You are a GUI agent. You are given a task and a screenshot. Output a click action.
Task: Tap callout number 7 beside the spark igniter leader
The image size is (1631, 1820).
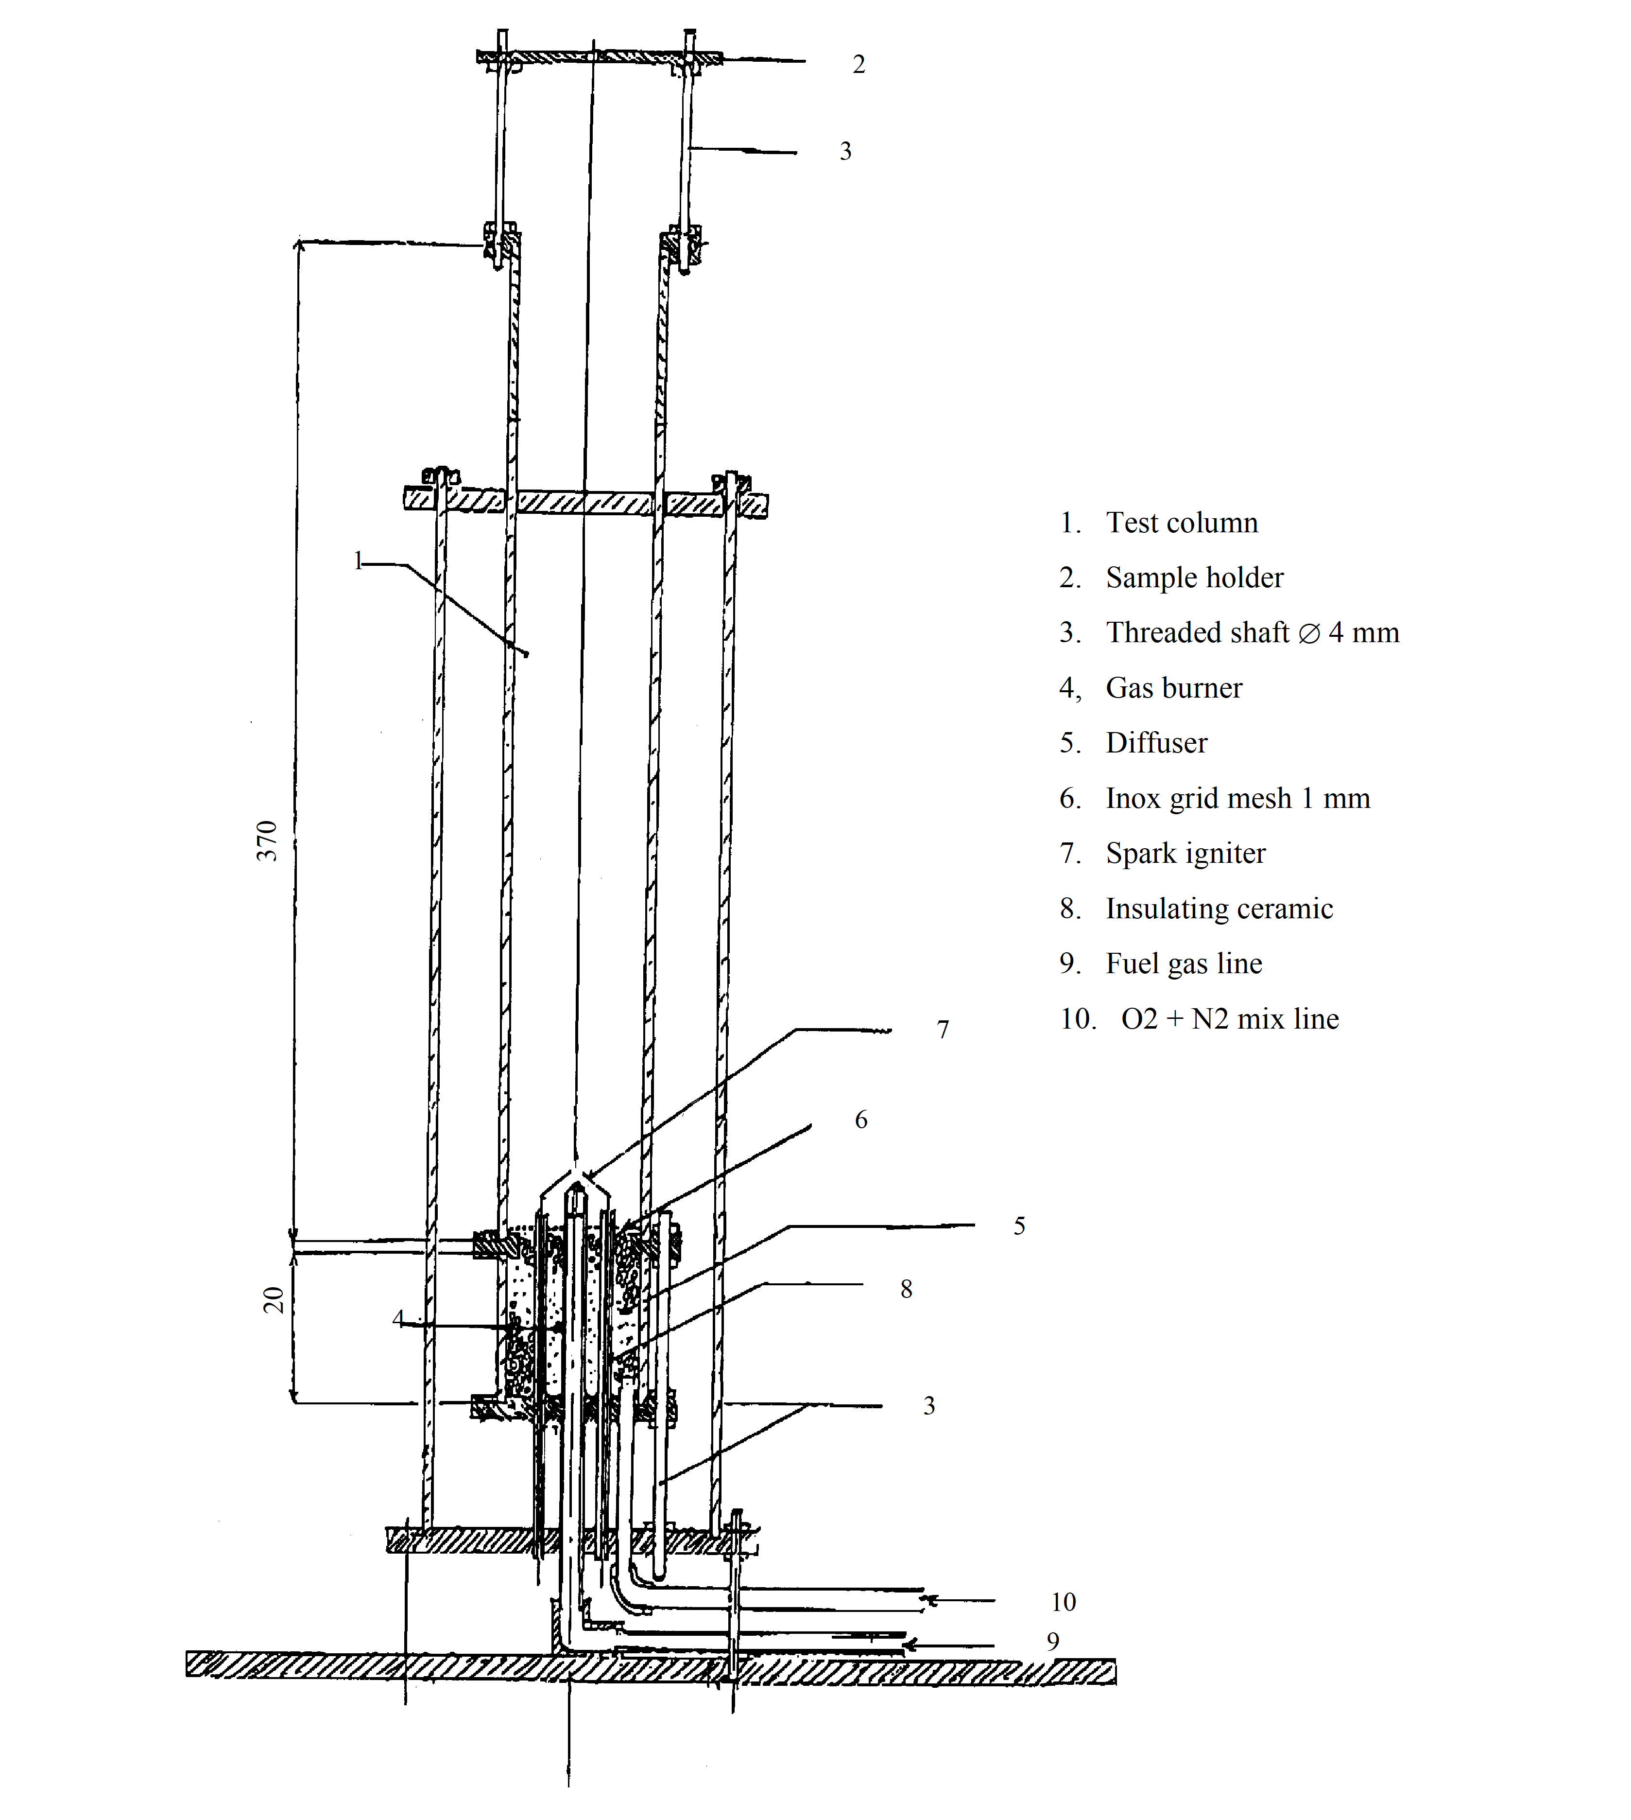[x=943, y=1029]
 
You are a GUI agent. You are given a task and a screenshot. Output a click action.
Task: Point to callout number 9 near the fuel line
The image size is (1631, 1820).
[x=1053, y=1641]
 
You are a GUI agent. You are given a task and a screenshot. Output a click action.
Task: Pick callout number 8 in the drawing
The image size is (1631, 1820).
[x=906, y=1289]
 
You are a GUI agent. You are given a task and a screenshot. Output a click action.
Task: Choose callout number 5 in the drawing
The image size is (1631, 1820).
[x=1019, y=1225]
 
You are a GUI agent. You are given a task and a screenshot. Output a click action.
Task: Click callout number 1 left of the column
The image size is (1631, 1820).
[x=358, y=561]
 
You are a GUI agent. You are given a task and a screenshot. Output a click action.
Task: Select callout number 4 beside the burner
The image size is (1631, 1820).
[x=398, y=1318]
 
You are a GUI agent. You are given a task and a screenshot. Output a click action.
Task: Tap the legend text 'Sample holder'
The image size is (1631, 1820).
[x=1195, y=577]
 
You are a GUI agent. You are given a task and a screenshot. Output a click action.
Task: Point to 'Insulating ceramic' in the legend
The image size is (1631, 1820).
[x=1219, y=908]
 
